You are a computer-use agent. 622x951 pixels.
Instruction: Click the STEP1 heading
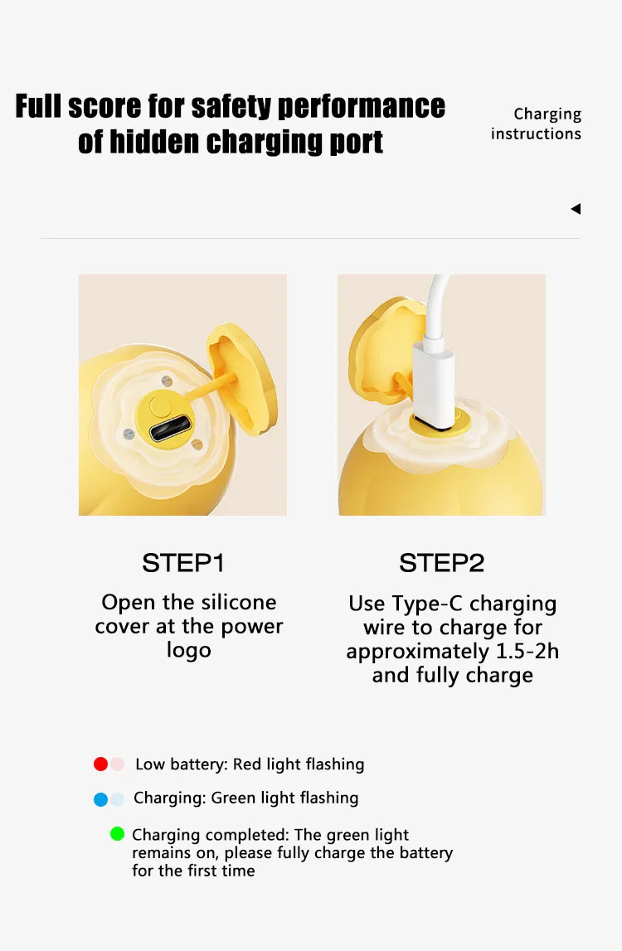pyautogui.click(x=183, y=563)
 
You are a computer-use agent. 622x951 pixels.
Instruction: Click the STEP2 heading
pyautogui.click(x=442, y=563)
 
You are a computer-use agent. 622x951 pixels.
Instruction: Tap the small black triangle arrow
pyautogui.click(x=576, y=209)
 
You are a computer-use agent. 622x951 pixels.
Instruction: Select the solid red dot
pyautogui.click(x=100, y=764)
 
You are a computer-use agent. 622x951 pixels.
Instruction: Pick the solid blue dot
pyautogui.click(x=100, y=799)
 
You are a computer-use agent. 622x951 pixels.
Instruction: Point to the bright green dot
pyautogui.click(x=117, y=834)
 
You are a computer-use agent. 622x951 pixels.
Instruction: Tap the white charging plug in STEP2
pyautogui.click(x=433, y=383)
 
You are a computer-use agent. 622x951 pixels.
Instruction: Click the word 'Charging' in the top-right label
pyautogui.click(x=547, y=114)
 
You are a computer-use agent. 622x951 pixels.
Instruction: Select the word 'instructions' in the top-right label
pyautogui.click(x=536, y=133)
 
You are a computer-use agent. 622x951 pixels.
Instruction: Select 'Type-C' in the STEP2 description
pyautogui.click(x=427, y=604)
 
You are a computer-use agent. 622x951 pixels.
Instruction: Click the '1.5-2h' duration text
pyautogui.click(x=527, y=652)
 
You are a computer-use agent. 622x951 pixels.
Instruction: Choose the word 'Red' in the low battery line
pyautogui.click(x=247, y=764)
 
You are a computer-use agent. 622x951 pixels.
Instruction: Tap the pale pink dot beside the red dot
pyautogui.click(x=118, y=764)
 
